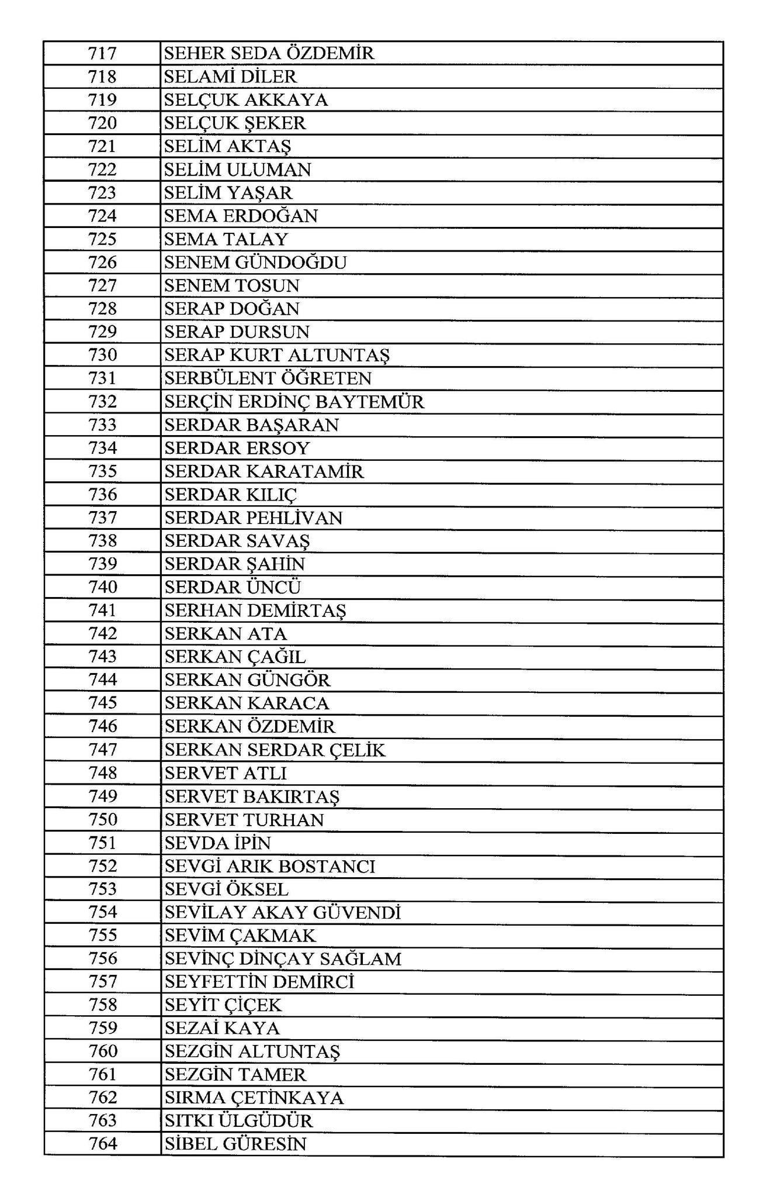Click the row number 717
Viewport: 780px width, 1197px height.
(x=102, y=53)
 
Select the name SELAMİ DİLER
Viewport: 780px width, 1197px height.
(x=230, y=77)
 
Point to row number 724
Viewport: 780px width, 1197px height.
(x=102, y=216)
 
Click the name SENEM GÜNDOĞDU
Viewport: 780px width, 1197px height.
(x=255, y=263)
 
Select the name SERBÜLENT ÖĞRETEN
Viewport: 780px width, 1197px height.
(x=268, y=378)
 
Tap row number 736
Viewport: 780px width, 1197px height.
(x=102, y=495)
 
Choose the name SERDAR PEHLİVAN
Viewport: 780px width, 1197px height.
(x=253, y=518)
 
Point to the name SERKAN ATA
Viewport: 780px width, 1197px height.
(x=226, y=634)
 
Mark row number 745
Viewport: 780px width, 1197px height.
(x=102, y=703)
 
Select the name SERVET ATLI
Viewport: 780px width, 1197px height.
(x=226, y=773)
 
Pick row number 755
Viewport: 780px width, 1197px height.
(x=102, y=936)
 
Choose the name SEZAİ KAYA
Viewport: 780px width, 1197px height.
(x=222, y=1029)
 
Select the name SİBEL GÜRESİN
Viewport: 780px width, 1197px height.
(x=235, y=1144)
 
